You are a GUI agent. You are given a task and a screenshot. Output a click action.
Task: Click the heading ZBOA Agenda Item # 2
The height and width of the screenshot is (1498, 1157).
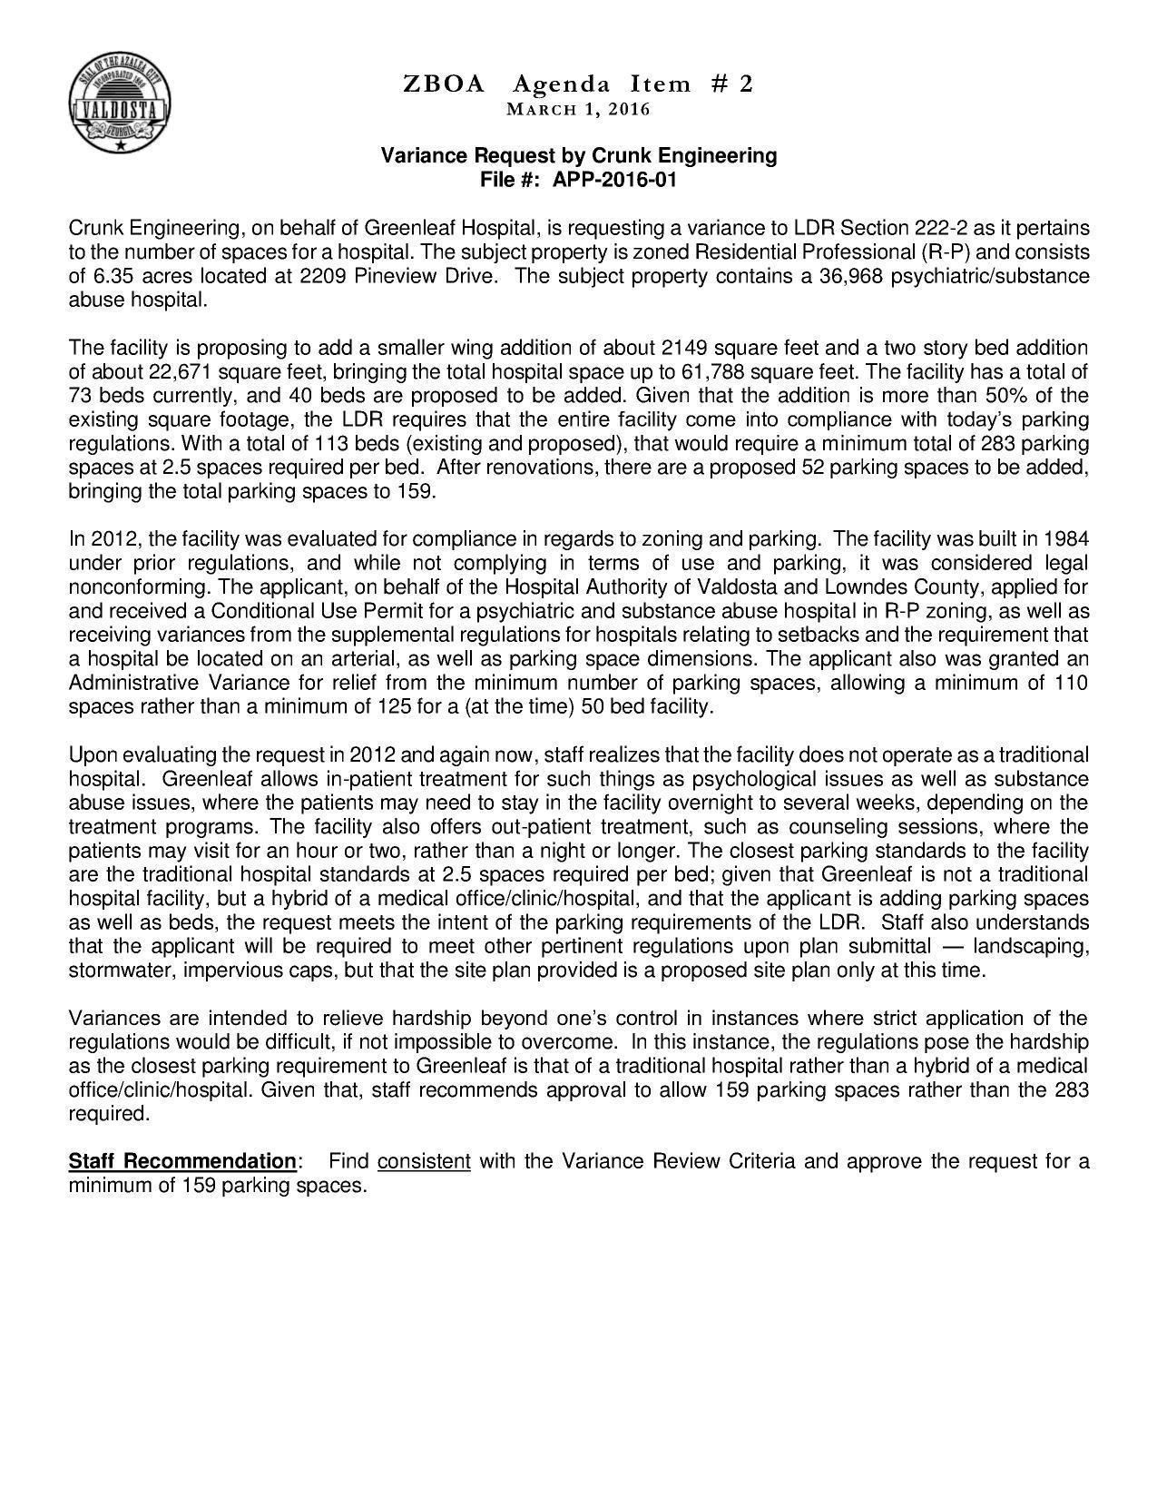coord(578,84)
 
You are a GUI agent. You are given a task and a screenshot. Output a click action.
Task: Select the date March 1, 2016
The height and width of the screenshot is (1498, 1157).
coord(578,110)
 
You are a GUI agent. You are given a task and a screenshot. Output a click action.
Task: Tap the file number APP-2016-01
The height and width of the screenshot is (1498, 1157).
coord(614,179)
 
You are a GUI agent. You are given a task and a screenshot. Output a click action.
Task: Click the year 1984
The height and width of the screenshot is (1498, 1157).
coord(1066,538)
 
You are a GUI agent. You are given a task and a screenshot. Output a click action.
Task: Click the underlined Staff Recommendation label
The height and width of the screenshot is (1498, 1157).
coord(182,1161)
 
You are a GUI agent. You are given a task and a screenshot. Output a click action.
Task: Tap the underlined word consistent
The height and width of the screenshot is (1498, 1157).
coord(424,1161)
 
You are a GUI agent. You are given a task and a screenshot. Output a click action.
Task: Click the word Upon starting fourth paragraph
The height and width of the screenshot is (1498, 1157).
coord(92,755)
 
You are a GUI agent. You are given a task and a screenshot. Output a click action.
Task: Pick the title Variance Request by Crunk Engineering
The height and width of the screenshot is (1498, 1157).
coord(578,155)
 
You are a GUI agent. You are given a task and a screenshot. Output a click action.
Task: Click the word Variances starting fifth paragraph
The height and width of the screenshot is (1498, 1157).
coord(112,1018)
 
